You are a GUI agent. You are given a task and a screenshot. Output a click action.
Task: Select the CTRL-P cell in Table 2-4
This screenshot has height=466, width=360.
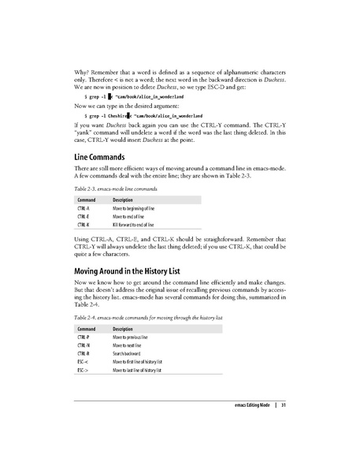click(x=83, y=337)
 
